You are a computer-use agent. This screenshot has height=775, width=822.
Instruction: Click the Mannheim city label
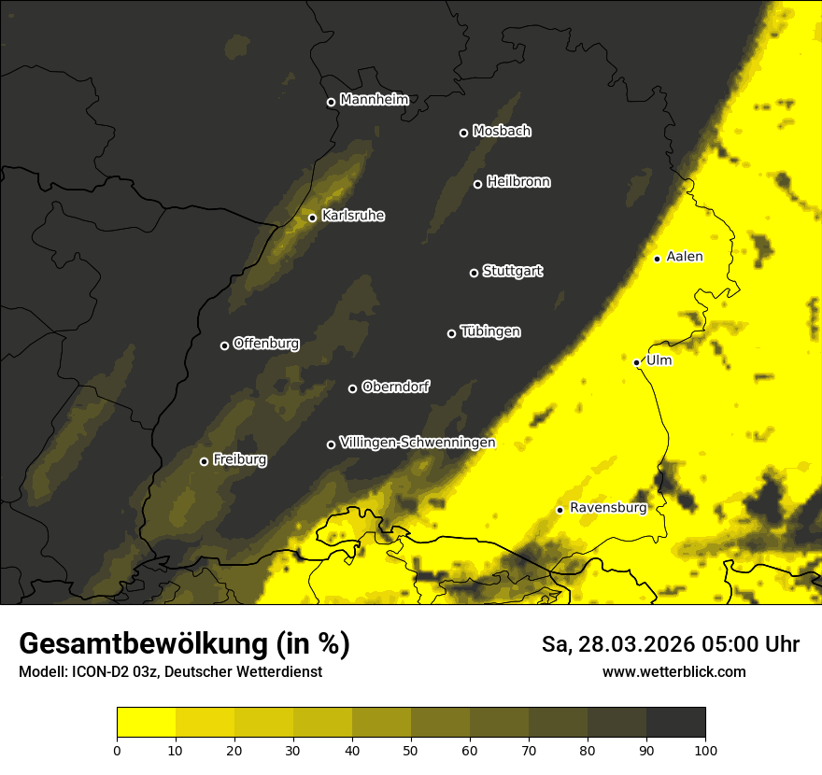(x=374, y=99)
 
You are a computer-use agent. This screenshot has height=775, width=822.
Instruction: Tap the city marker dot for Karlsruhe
(x=312, y=218)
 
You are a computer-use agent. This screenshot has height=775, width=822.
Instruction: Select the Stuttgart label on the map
(x=512, y=271)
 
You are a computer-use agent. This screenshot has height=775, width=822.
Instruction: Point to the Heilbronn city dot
(x=477, y=184)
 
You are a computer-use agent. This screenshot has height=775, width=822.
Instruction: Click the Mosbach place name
(x=502, y=132)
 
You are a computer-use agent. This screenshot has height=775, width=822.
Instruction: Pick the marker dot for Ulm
(x=636, y=362)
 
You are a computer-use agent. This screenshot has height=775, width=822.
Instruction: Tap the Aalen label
(x=685, y=257)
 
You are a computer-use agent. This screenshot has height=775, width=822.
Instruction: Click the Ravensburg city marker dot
(x=560, y=510)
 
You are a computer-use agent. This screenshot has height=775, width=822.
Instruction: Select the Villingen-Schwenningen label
(x=418, y=443)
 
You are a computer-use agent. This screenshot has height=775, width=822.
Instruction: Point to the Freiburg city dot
(x=204, y=461)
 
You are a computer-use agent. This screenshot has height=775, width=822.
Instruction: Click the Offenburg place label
(x=266, y=344)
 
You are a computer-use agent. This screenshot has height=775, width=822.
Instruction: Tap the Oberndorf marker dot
(x=352, y=388)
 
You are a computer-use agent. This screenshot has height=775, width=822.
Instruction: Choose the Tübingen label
(x=490, y=331)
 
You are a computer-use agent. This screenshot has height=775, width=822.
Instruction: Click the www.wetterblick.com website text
(x=673, y=671)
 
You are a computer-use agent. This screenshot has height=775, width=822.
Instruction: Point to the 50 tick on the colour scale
(x=411, y=749)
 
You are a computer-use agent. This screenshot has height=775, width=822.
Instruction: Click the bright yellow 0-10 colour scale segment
(x=146, y=723)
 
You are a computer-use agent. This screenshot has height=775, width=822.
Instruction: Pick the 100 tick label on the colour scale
(x=705, y=749)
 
